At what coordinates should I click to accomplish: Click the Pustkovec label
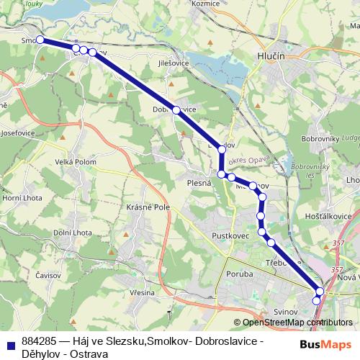230,235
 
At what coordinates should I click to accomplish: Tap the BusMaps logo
324,343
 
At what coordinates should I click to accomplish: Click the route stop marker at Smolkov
40,40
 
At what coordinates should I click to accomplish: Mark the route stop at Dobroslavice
176,110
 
